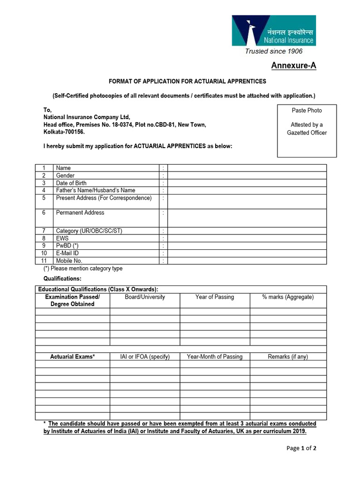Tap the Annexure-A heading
[293, 66]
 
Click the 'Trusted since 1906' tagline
[274, 51]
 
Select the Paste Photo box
[307, 130]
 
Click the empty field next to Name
[247, 168]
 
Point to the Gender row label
[65, 175]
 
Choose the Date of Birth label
[71, 183]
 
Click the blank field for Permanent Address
[247, 218]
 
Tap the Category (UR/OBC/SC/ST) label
[89, 231]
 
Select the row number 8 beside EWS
[44, 238]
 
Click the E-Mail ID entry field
[247, 253]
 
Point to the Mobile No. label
[69, 261]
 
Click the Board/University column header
[145, 297]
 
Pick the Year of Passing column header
[215, 297]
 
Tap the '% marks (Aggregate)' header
[288, 297]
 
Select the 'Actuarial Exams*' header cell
[73, 357]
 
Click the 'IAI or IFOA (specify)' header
[145, 357]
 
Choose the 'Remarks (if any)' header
[288, 357]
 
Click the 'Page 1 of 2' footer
[301, 448]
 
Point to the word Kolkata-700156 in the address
[64, 132]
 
